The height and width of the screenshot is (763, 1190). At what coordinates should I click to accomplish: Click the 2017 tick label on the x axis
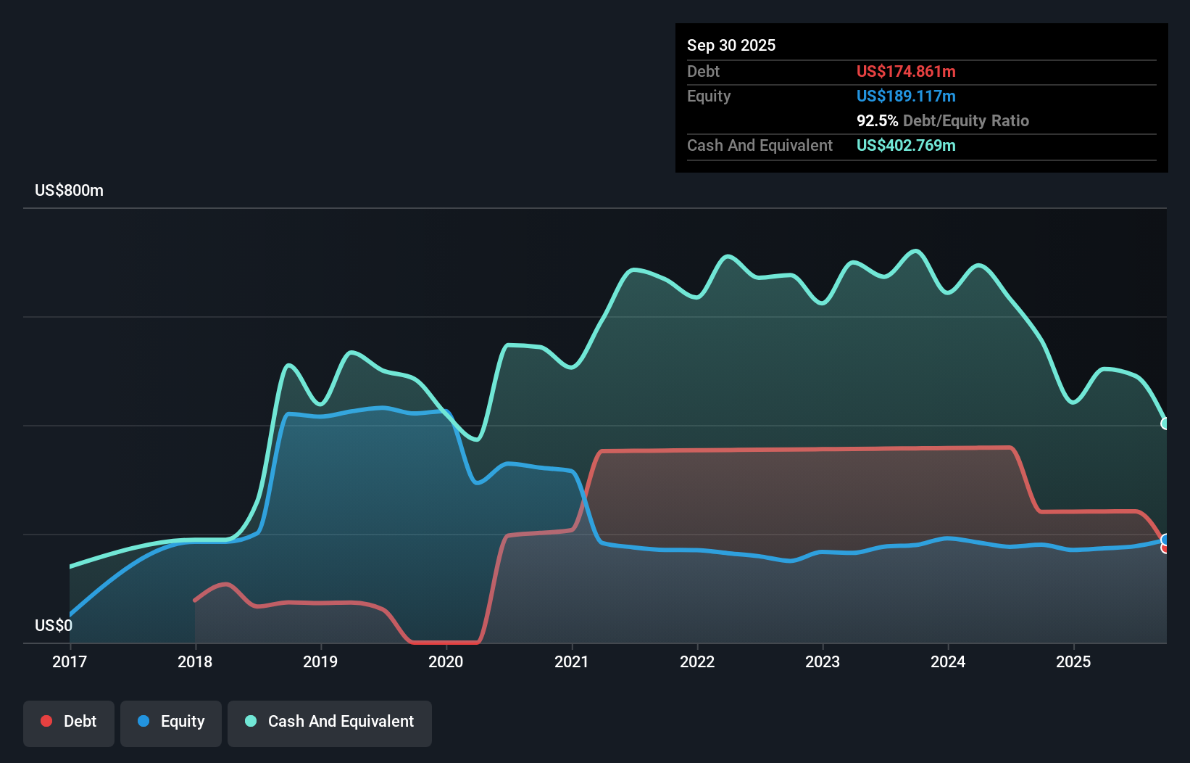(70, 661)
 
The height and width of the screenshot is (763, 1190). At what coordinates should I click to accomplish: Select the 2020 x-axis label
(446, 661)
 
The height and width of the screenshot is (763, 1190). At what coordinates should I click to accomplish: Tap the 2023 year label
(823, 661)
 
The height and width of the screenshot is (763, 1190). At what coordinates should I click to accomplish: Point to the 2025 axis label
(1073, 661)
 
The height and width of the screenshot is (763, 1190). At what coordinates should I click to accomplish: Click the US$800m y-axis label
(69, 190)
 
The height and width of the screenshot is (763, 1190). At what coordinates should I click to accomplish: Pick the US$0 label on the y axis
(54, 625)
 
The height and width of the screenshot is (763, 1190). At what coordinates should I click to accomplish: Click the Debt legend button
(69, 721)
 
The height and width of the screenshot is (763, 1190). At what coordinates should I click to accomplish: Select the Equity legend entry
(171, 721)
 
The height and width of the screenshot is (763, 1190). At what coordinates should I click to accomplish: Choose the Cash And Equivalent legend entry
(330, 721)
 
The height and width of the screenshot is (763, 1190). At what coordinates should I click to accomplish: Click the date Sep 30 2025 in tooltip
(731, 45)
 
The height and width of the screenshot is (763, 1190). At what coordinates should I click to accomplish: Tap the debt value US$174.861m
(906, 71)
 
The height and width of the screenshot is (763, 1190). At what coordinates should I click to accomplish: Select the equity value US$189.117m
(906, 96)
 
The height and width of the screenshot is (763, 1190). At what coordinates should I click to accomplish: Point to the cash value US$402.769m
(906, 145)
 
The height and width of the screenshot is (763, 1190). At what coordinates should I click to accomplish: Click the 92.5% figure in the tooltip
(877, 120)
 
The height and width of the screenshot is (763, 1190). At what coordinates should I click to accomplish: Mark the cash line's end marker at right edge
(1165, 424)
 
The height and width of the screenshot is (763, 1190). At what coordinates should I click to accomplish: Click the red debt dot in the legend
(46, 721)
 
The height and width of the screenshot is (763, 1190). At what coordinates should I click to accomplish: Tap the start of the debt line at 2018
(195, 600)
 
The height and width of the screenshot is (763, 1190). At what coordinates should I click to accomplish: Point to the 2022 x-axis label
(697, 661)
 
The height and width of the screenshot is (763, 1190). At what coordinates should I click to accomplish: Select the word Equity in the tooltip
(709, 96)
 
